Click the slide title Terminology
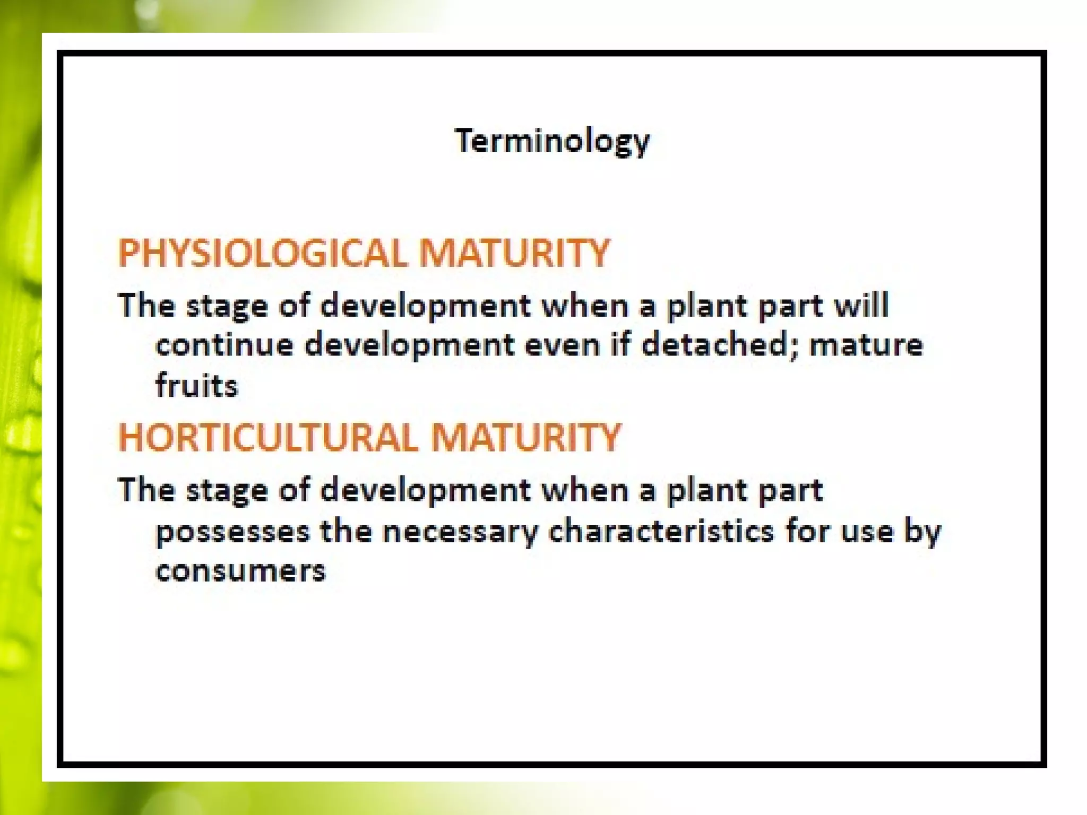pos(552,141)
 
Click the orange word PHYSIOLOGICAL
pos(263,253)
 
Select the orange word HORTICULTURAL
pos(269,438)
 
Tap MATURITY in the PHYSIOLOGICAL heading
pos(514,253)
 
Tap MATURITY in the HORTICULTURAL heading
pos(525,438)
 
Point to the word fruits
pos(196,386)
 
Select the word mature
pos(866,345)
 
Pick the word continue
pos(224,345)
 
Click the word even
pos(562,345)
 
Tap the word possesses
pos(232,532)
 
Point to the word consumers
pos(240,571)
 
